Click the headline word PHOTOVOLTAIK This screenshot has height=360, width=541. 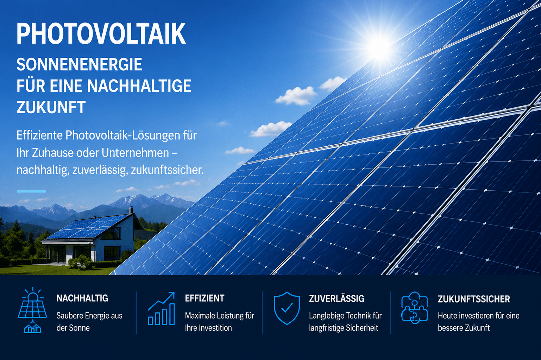pos(101,33)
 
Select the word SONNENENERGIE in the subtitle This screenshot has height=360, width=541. pos(79,64)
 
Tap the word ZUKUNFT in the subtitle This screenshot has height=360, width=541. pos(51,107)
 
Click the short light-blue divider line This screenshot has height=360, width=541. pos(31,191)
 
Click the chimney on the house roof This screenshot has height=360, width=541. pos(131,210)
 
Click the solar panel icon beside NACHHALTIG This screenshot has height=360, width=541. pos(32,310)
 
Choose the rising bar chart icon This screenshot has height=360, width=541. pos(161,308)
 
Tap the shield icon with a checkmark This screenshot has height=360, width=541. pos(287,308)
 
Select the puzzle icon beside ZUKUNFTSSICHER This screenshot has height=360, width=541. pos(414,308)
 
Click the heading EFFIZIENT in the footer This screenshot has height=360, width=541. pos(205,298)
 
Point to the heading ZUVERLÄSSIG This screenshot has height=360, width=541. pos(336,298)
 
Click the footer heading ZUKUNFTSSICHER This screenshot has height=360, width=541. pos(474,299)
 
